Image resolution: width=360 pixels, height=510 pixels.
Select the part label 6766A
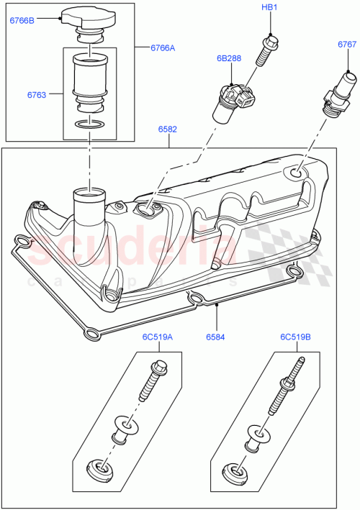pos(163,47)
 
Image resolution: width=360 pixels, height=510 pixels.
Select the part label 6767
pos(347,45)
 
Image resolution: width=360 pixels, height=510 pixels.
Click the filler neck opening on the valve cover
pos(88,193)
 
